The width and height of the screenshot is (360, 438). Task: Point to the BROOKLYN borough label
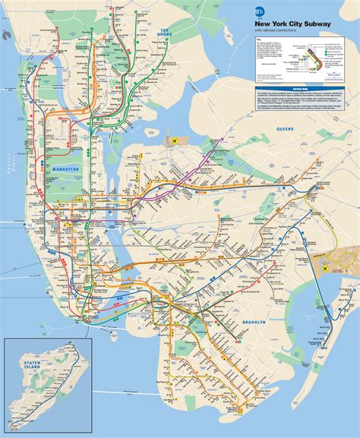coord(252,323)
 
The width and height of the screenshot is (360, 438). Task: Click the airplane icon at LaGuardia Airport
coord(175,141)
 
